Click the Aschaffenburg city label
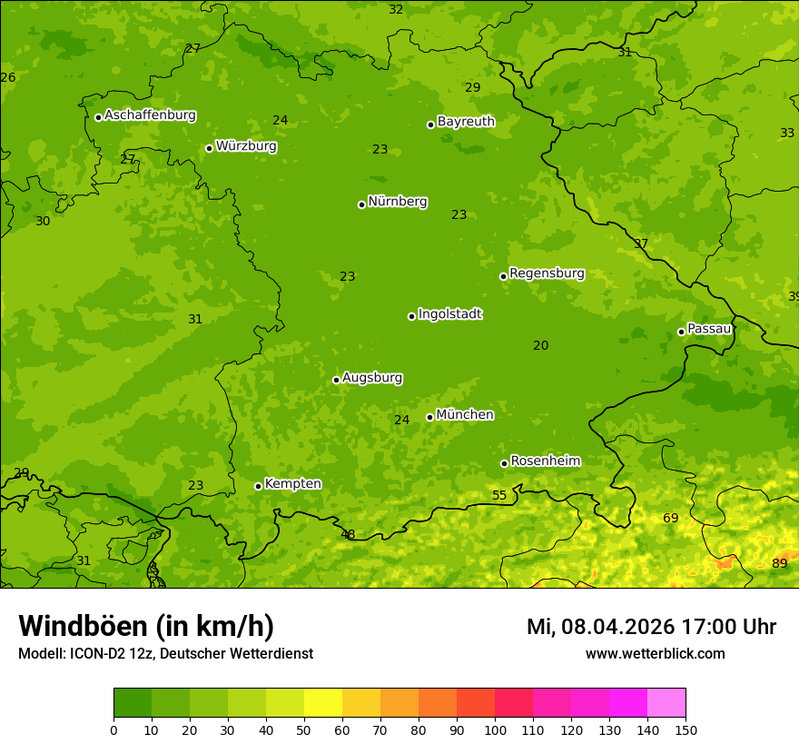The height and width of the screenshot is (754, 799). pos(150,115)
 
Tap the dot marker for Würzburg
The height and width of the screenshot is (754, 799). pos(209,148)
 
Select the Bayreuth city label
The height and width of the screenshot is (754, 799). pos(466,122)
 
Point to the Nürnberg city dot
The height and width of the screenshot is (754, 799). pos(361,204)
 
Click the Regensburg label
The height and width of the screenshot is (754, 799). pos(547,273)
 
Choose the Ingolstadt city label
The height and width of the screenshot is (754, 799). pos(449,314)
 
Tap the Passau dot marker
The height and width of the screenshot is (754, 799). pos(681,332)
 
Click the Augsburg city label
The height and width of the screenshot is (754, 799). pos(372,378)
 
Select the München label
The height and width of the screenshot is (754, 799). pos(465,415)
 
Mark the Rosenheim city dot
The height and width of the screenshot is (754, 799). pos(504,463)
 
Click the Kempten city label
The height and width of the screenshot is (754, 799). pos(292,484)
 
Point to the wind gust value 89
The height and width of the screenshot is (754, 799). pos(779,563)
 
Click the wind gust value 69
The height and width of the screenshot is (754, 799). pos(670,518)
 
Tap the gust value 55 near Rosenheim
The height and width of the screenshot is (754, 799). pos(499,495)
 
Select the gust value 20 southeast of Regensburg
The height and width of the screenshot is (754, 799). pos(540,345)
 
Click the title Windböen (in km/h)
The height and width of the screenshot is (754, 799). pos(146,626)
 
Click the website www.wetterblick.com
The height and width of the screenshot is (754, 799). pos(655,653)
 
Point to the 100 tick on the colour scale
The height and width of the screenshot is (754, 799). pos(495,729)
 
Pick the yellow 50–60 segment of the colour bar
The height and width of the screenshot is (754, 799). pos(323,703)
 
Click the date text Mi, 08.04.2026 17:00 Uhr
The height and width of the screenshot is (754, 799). pos(651,627)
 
